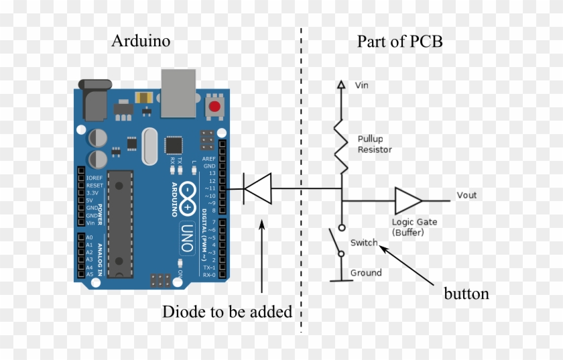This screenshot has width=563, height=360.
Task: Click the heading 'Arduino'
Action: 141,42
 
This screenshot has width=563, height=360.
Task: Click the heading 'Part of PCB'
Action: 399,42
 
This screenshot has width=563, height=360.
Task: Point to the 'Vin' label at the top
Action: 361,86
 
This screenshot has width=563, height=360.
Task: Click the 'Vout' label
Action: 466,195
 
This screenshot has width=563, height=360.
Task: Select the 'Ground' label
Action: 366,273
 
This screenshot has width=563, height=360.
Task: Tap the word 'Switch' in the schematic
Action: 364,243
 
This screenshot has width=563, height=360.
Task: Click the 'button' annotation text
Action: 466,294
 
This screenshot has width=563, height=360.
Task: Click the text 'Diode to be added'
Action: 227,312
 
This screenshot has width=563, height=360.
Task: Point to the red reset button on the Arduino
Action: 215,106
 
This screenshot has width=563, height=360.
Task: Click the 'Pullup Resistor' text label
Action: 374,144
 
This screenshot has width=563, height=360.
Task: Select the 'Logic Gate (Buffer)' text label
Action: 414,227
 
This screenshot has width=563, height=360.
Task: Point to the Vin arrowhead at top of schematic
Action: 341,85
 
